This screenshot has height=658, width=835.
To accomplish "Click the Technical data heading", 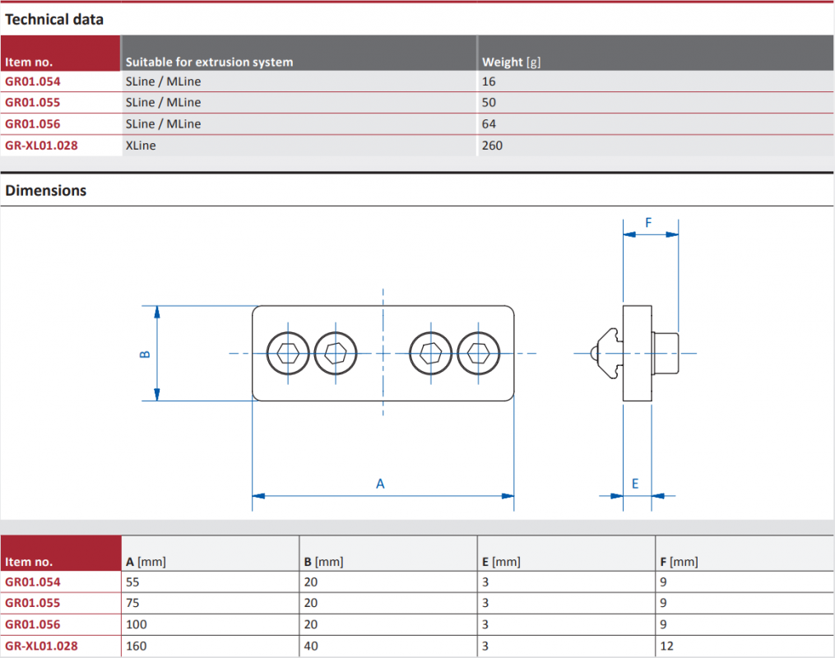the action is point(54,20).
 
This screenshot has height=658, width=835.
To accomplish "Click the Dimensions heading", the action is point(46,191).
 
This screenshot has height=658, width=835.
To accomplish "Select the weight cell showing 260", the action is point(492,146).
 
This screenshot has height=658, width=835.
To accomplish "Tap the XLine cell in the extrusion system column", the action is point(141,146).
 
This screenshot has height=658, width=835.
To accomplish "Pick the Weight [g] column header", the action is point(511,63).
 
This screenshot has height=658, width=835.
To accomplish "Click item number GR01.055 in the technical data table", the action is point(32,102).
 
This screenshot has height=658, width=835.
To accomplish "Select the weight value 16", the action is point(489,81).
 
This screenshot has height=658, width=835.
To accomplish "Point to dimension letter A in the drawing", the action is point(380,484).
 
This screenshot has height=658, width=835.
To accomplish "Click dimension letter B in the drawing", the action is point(145,354).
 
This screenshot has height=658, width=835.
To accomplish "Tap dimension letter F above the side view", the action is point(648,223).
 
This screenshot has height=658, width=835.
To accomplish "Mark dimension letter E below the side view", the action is point(635,484).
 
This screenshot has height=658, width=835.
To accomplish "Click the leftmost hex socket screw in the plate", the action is point(288,353).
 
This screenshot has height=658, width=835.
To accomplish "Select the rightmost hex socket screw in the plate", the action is point(478,353).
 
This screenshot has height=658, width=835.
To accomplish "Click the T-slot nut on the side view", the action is point(608,353).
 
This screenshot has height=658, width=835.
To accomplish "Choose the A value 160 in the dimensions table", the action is point(137,646).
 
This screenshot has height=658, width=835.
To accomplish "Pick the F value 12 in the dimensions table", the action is point(666,646).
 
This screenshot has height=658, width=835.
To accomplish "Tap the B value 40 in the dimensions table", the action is point(311,646).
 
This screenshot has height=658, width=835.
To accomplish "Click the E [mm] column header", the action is point(501,562).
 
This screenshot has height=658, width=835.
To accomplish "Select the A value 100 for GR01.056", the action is point(137,624).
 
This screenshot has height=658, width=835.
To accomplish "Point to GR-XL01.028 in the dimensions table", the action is point(41,646).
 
